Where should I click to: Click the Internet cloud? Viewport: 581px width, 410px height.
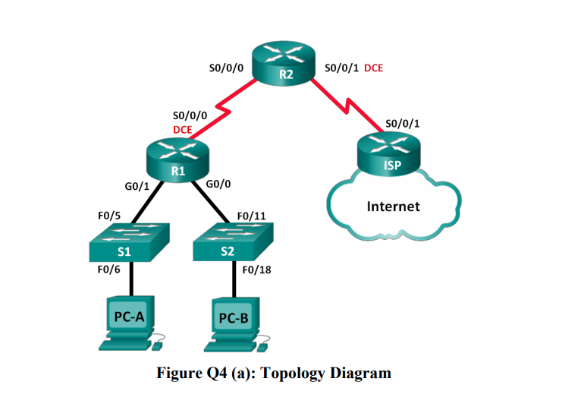[x=393, y=206]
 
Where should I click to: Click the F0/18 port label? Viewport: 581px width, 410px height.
[x=256, y=269]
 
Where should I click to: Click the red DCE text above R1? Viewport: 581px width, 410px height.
[x=182, y=129]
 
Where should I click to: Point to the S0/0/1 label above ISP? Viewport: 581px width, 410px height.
[x=403, y=122]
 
